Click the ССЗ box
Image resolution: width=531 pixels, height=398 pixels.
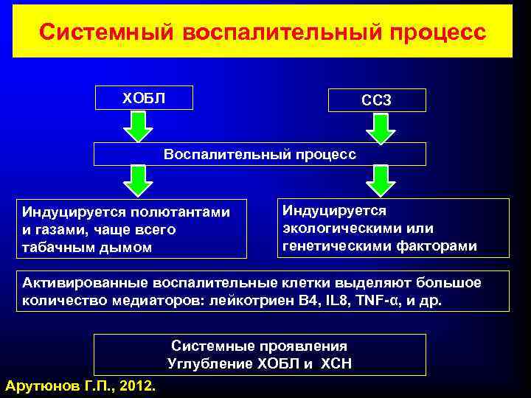coord(377,99)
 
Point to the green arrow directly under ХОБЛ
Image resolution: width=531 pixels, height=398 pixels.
coord(137,125)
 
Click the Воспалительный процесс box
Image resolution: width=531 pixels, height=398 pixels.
coord(260,154)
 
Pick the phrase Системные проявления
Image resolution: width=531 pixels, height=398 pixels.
coord(260,345)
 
